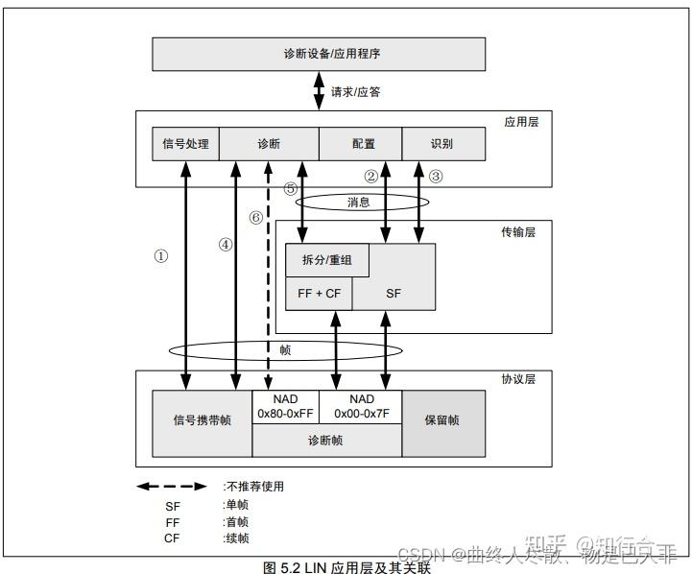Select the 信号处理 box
pyautogui.click(x=186, y=144)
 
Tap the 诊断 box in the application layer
pyautogui.click(x=269, y=144)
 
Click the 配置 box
pyautogui.click(x=363, y=144)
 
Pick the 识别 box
pyautogui.click(x=441, y=144)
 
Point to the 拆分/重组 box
pyautogui.click(x=327, y=260)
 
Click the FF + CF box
pyautogui.click(x=319, y=294)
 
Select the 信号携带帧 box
pyautogui.click(x=202, y=419)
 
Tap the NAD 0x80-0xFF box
pyautogui.click(x=285, y=406)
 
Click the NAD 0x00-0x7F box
pyautogui.click(x=362, y=406)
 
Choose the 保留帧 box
pyautogui.click(x=442, y=419)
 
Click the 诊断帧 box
pyautogui.click(x=326, y=441)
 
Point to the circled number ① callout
pyautogui.click(x=161, y=256)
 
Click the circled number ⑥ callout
pyautogui.click(x=255, y=217)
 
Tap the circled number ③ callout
pyautogui.click(x=436, y=176)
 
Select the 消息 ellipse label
pyautogui.click(x=360, y=202)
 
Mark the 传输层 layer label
pyautogui.click(x=518, y=232)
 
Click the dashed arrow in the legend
pyautogui.click(x=171, y=487)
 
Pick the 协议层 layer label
pyautogui.click(x=518, y=379)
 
